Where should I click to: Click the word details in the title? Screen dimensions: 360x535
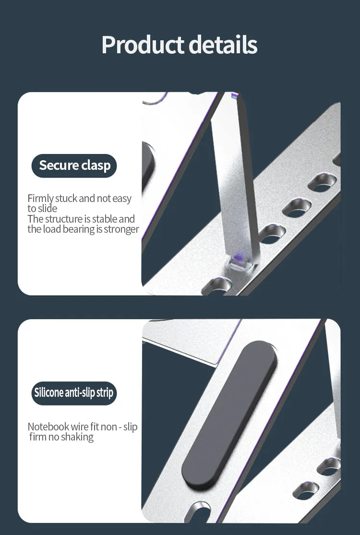(223, 44)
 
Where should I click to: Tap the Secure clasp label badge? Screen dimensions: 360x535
(74, 166)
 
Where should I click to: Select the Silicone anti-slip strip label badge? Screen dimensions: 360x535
(74, 393)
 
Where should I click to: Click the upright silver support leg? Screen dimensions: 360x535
(236, 181)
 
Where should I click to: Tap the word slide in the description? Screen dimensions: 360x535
(48, 208)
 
